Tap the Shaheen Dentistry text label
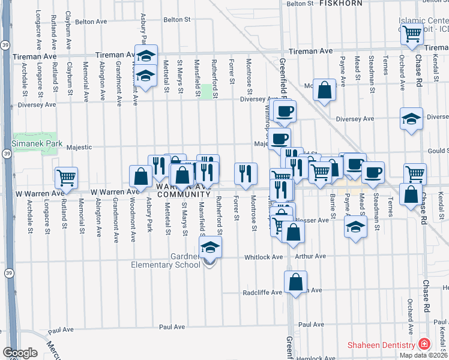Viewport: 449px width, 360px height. pyautogui.click(x=382, y=345)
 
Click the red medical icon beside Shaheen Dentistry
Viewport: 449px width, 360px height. pyautogui.click(x=424, y=344)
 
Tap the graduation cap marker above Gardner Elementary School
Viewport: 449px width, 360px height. pyautogui.click(x=210, y=247)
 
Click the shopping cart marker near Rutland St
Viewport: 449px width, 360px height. pyautogui.click(x=66, y=177)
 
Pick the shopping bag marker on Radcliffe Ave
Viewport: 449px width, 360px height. pyautogui.click(x=296, y=281)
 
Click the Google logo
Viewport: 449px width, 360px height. pyautogui.click(x=20, y=353)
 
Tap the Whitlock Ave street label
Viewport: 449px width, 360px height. pyautogui.click(x=263, y=257)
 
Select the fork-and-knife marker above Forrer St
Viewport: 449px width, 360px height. pyautogui.click(x=246, y=173)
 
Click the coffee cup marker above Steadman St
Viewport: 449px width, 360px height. pyautogui.click(x=373, y=172)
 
